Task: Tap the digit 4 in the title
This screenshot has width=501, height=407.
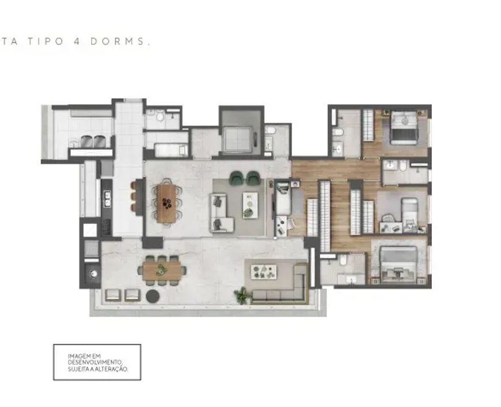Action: tap(77, 41)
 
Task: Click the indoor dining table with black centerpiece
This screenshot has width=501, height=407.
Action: tap(167, 204)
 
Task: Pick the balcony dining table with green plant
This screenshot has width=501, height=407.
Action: tap(162, 271)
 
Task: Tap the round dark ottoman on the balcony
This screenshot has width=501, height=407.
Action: tap(153, 296)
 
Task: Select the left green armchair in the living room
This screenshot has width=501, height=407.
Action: tap(237, 178)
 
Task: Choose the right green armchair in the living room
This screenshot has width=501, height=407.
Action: tap(253, 178)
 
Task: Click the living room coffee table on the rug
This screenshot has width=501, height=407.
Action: tap(250, 206)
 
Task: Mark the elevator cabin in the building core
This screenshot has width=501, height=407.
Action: tap(238, 139)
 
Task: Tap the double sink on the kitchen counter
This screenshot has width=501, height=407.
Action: tap(108, 199)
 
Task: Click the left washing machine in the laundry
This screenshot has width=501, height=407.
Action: tap(86, 141)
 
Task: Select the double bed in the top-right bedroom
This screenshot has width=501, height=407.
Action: tap(404, 128)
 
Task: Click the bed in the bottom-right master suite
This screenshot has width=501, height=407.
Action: tap(398, 264)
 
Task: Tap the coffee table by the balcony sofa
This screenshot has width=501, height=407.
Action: tap(264, 272)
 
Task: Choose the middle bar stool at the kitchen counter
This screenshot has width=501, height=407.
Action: tap(134, 196)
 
